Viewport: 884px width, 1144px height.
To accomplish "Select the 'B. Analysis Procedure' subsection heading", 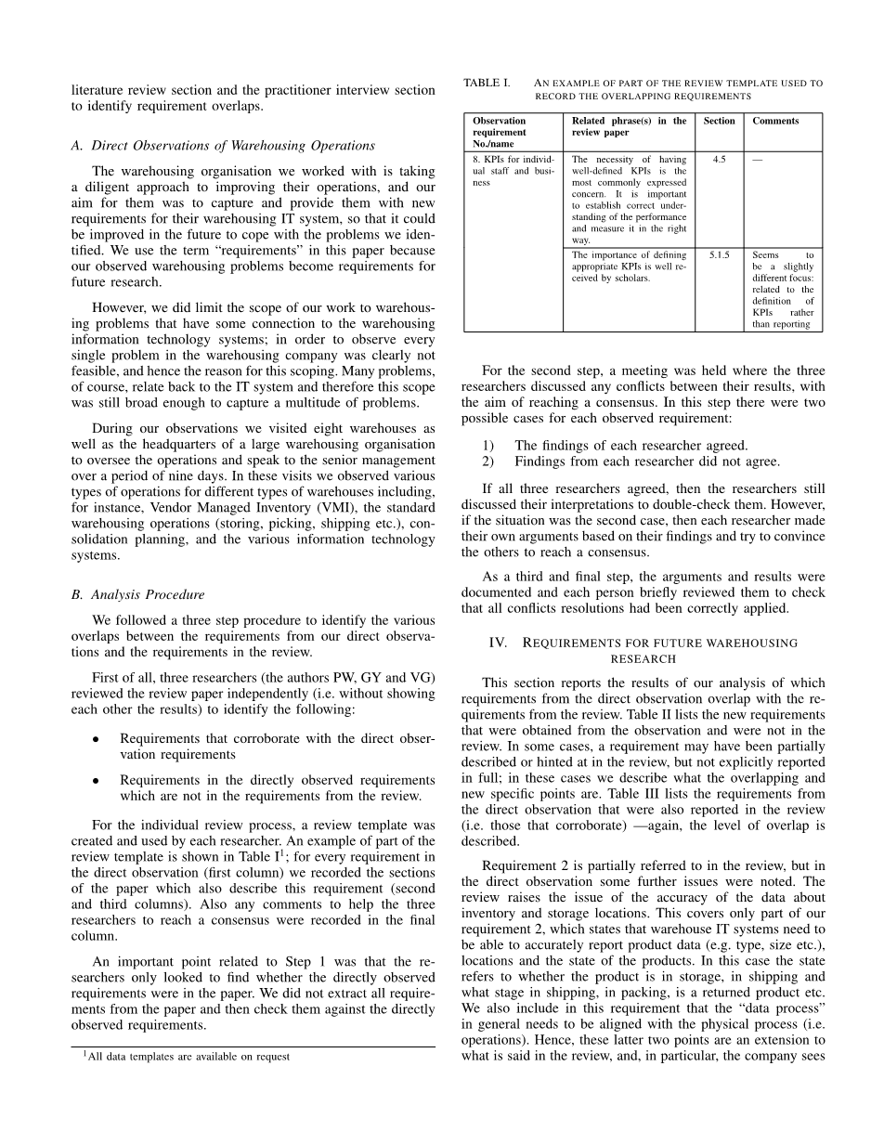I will click(x=138, y=594).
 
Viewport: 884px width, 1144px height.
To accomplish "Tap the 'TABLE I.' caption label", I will click(x=486, y=84).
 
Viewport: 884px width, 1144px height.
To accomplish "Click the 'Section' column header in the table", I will click(x=719, y=121).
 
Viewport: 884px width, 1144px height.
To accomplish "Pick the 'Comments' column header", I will click(x=775, y=121).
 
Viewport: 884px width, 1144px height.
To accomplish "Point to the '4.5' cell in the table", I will click(x=719, y=160).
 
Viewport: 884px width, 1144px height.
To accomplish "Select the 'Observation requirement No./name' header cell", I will click(x=500, y=132).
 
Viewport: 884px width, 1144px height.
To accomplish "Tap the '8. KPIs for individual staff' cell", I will click(x=513, y=171).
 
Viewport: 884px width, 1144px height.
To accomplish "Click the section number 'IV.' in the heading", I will click(x=500, y=643).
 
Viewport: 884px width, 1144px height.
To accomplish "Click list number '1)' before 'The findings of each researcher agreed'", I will click(x=487, y=446).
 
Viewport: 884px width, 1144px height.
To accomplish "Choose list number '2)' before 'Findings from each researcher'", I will click(x=487, y=461).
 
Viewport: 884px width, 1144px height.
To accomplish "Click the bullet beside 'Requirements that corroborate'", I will click(x=96, y=739).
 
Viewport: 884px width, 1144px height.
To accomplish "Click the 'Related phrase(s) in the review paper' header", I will click(x=629, y=126).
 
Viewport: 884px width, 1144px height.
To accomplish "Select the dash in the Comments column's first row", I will click(x=758, y=160).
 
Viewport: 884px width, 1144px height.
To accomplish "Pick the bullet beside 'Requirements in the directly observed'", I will click(x=96, y=781).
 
